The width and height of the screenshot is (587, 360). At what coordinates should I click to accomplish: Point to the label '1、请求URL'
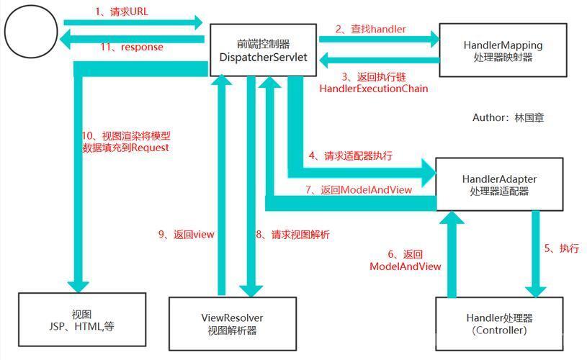(x=122, y=12)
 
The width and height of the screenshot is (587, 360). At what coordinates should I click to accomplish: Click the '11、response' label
(x=132, y=47)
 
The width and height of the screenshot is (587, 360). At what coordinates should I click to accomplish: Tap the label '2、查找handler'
(x=370, y=30)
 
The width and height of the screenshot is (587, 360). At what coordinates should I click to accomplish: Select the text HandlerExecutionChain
(x=374, y=89)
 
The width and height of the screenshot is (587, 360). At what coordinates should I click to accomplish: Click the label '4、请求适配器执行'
(x=351, y=156)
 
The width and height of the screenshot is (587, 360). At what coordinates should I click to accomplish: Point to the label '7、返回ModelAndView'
(x=359, y=190)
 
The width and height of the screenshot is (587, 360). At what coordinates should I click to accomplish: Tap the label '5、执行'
(x=562, y=248)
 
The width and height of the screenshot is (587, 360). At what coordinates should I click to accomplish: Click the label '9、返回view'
(x=186, y=235)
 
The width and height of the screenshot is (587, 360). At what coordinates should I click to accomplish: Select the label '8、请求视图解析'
(x=292, y=235)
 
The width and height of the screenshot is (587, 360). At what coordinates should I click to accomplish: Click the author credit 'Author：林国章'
(x=508, y=117)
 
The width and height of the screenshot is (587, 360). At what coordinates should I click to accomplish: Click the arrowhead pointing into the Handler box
(x=536, y=292)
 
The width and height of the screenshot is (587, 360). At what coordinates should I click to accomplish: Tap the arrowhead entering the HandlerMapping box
(x=435, y=39)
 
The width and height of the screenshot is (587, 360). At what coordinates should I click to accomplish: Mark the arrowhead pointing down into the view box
(x=78, y=287)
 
